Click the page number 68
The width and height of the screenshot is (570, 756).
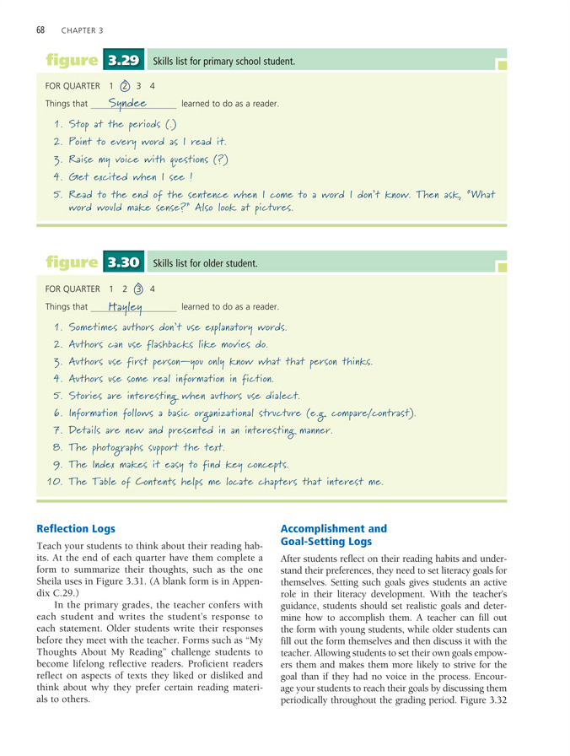40,30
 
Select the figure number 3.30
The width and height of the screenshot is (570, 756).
122,262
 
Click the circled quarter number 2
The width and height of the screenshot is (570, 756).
124,85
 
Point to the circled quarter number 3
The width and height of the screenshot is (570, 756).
138,288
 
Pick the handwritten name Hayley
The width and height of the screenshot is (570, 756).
126,306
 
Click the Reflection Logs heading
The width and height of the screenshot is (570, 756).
76,529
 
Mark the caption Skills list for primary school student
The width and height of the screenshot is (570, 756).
223,62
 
